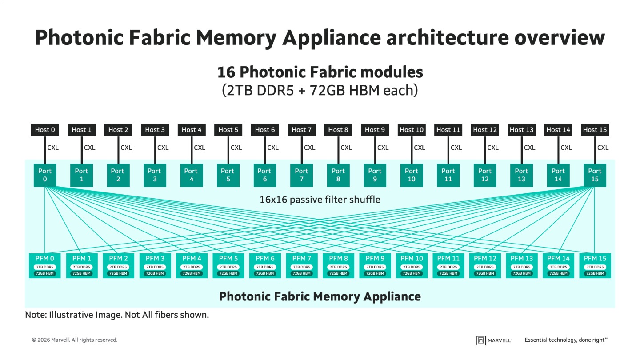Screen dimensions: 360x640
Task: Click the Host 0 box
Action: [45, 130]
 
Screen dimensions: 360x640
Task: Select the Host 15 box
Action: [595, 130]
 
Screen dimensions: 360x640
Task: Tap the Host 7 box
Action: [301, 130]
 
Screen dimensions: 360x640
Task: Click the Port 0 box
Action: [45, 175]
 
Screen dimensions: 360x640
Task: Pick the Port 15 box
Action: [595, 175]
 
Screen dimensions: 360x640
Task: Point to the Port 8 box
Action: [338, 175]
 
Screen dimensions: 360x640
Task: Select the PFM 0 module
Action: [45, 266]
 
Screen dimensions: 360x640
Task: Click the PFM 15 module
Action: [595, 266]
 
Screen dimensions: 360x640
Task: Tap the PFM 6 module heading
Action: [265, 258]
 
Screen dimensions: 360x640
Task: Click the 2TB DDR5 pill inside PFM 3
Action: [155, 267]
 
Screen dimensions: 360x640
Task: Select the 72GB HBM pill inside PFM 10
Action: [412, 273]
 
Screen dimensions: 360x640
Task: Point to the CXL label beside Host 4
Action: [200, 148]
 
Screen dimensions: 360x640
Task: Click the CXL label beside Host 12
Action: [493, 148]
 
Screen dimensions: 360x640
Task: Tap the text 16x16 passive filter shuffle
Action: [320, 200]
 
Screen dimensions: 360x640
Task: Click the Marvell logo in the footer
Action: [493, 340]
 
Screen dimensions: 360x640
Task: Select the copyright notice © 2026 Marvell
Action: [75, 340]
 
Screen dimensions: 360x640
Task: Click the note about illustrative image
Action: [117, 315]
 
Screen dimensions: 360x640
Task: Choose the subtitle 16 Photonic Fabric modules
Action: [320, 72]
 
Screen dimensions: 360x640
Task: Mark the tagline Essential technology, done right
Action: [566, 340]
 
